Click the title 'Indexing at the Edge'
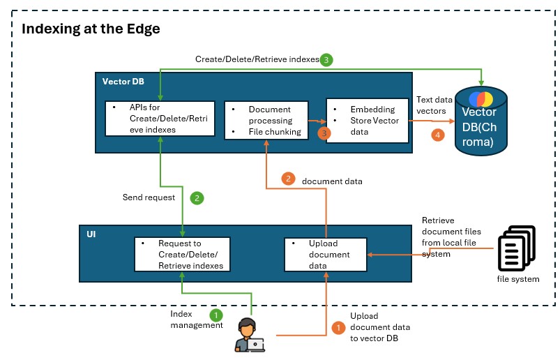click(91, 29)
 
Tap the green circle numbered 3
click(326, 60)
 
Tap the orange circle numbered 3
click(323, 132)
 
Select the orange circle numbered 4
click(438, 135)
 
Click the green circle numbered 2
click(197, 198)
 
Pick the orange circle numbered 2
click(289, 179)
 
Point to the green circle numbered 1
click(216, 315)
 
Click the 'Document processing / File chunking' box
click(266, 121)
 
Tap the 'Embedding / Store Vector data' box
click(368, 120)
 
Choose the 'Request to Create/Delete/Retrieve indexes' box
click(182, 255)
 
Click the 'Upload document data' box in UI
click(326, 255)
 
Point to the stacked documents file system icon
click(516, 248)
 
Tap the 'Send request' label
click(149, 197)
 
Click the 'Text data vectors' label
click(434, 106)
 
